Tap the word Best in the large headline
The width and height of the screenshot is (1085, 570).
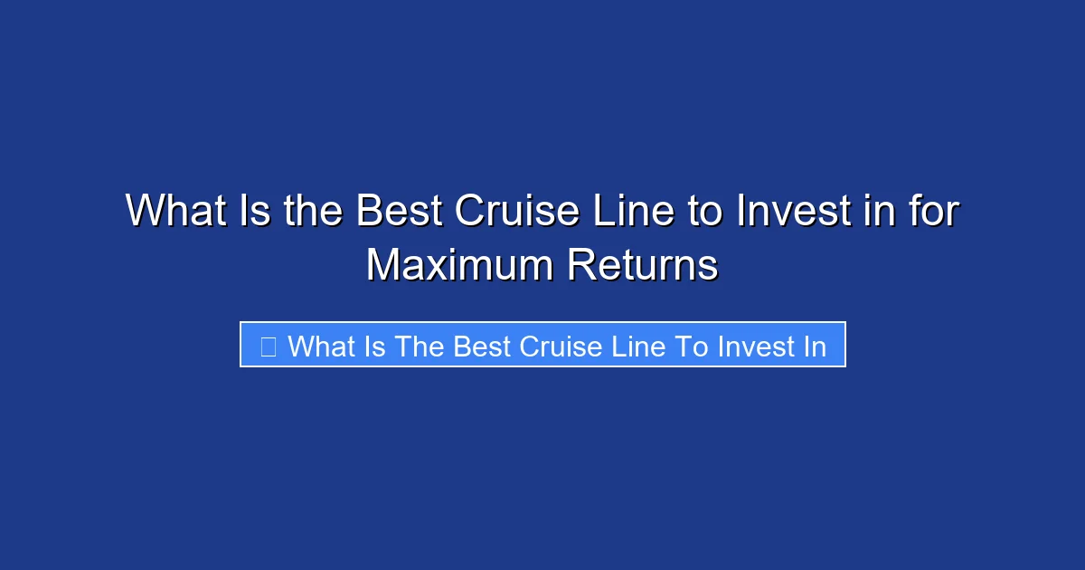click(x=399, y=212)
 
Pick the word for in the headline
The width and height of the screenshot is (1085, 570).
click(x=931, y=212)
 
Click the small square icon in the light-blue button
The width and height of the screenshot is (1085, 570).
click(x=268, y=346)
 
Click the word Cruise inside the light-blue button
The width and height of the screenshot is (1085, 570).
click(x=562, y=346)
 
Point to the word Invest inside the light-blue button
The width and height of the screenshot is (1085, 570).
click(x=754, y=346)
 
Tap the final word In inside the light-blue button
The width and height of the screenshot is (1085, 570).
click(x=815, y=346)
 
